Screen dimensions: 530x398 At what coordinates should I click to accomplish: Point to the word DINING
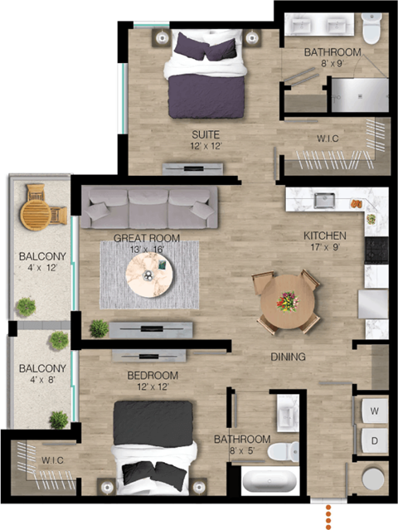coord(289,357)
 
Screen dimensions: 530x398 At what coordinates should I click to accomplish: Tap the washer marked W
coord(374,410)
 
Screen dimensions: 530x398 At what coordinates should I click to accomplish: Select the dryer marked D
coord(374,440)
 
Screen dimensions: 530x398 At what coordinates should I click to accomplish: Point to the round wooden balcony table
coord(36,212)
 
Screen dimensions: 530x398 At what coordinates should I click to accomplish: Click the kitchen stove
coord(381,249)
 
